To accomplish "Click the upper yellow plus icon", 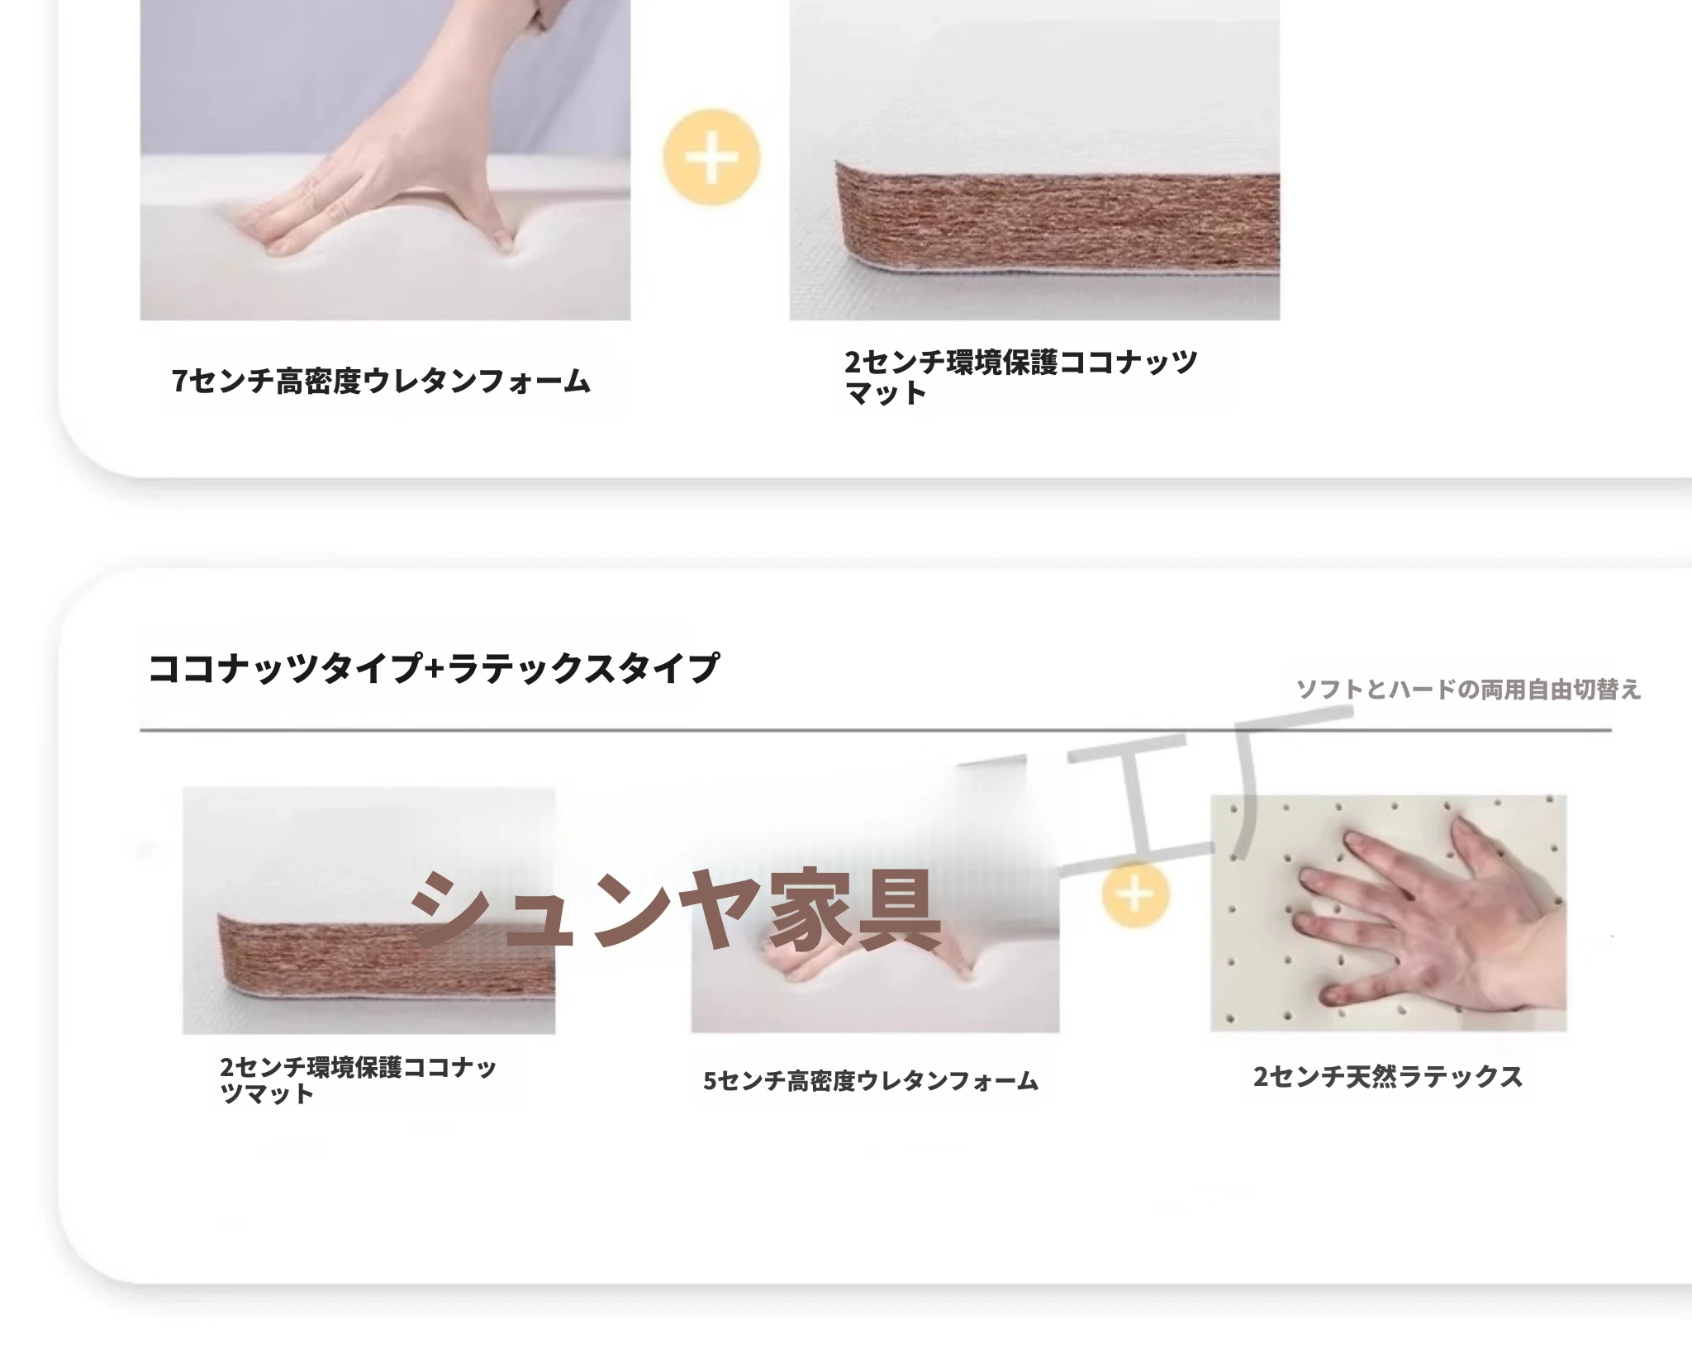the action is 711,157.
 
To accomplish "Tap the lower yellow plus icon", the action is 1136,894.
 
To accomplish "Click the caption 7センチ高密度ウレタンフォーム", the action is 381,381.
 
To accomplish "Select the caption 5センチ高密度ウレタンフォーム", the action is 871,1080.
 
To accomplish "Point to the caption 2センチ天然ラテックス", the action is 1388,1076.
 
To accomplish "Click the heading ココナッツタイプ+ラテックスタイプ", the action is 433,667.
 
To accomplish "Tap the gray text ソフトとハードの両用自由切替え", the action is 1468,689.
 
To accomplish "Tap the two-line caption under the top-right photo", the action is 1020,377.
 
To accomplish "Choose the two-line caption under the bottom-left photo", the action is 358,1080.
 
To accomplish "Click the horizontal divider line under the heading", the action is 876,730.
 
